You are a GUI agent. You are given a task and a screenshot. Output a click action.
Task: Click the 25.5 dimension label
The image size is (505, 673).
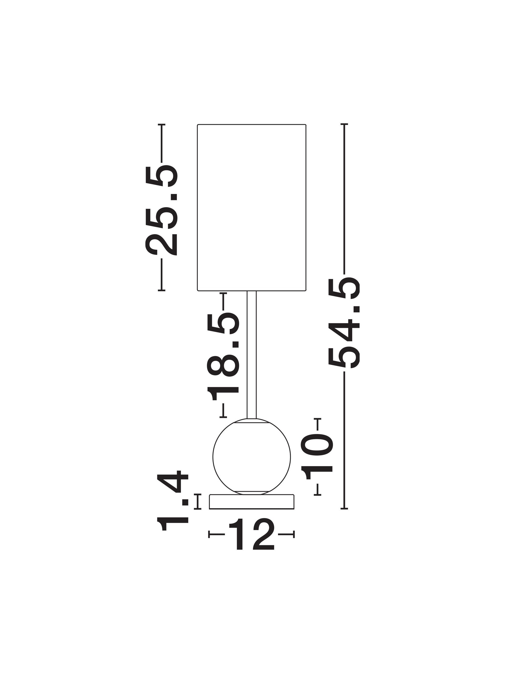pos(161,210)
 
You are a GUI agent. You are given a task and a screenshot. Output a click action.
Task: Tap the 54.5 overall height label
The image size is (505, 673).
pos(344,323)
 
